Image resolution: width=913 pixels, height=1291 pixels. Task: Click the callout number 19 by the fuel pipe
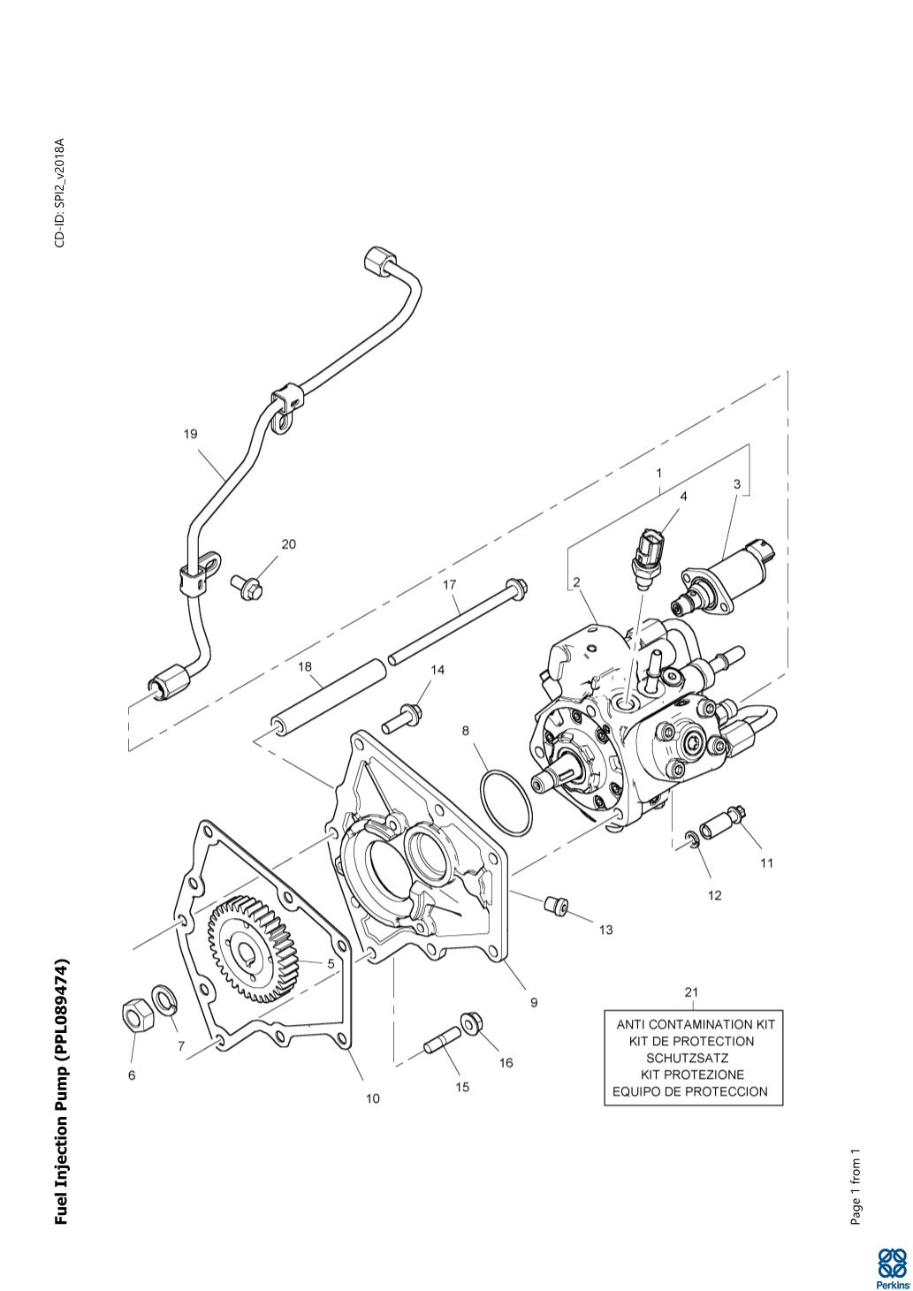click(x=191, y=434)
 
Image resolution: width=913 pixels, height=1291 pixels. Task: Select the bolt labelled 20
click(x=245, y=584)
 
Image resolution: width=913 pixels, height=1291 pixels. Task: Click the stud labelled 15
click(x=439, y=1041)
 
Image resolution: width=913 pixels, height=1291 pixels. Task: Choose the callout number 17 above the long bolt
click(x=449, y=585)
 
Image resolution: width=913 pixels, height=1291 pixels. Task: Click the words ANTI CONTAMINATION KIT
click(x=695, y=1024)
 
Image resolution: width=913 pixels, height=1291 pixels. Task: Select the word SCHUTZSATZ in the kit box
click(x=687, y=1058)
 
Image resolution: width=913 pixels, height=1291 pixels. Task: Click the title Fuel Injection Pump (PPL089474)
click(x=62, y=1092)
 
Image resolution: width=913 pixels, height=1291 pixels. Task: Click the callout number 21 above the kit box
click(x=691, y=991)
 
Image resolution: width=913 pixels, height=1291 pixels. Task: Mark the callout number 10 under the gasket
click(x=372, y=1098)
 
